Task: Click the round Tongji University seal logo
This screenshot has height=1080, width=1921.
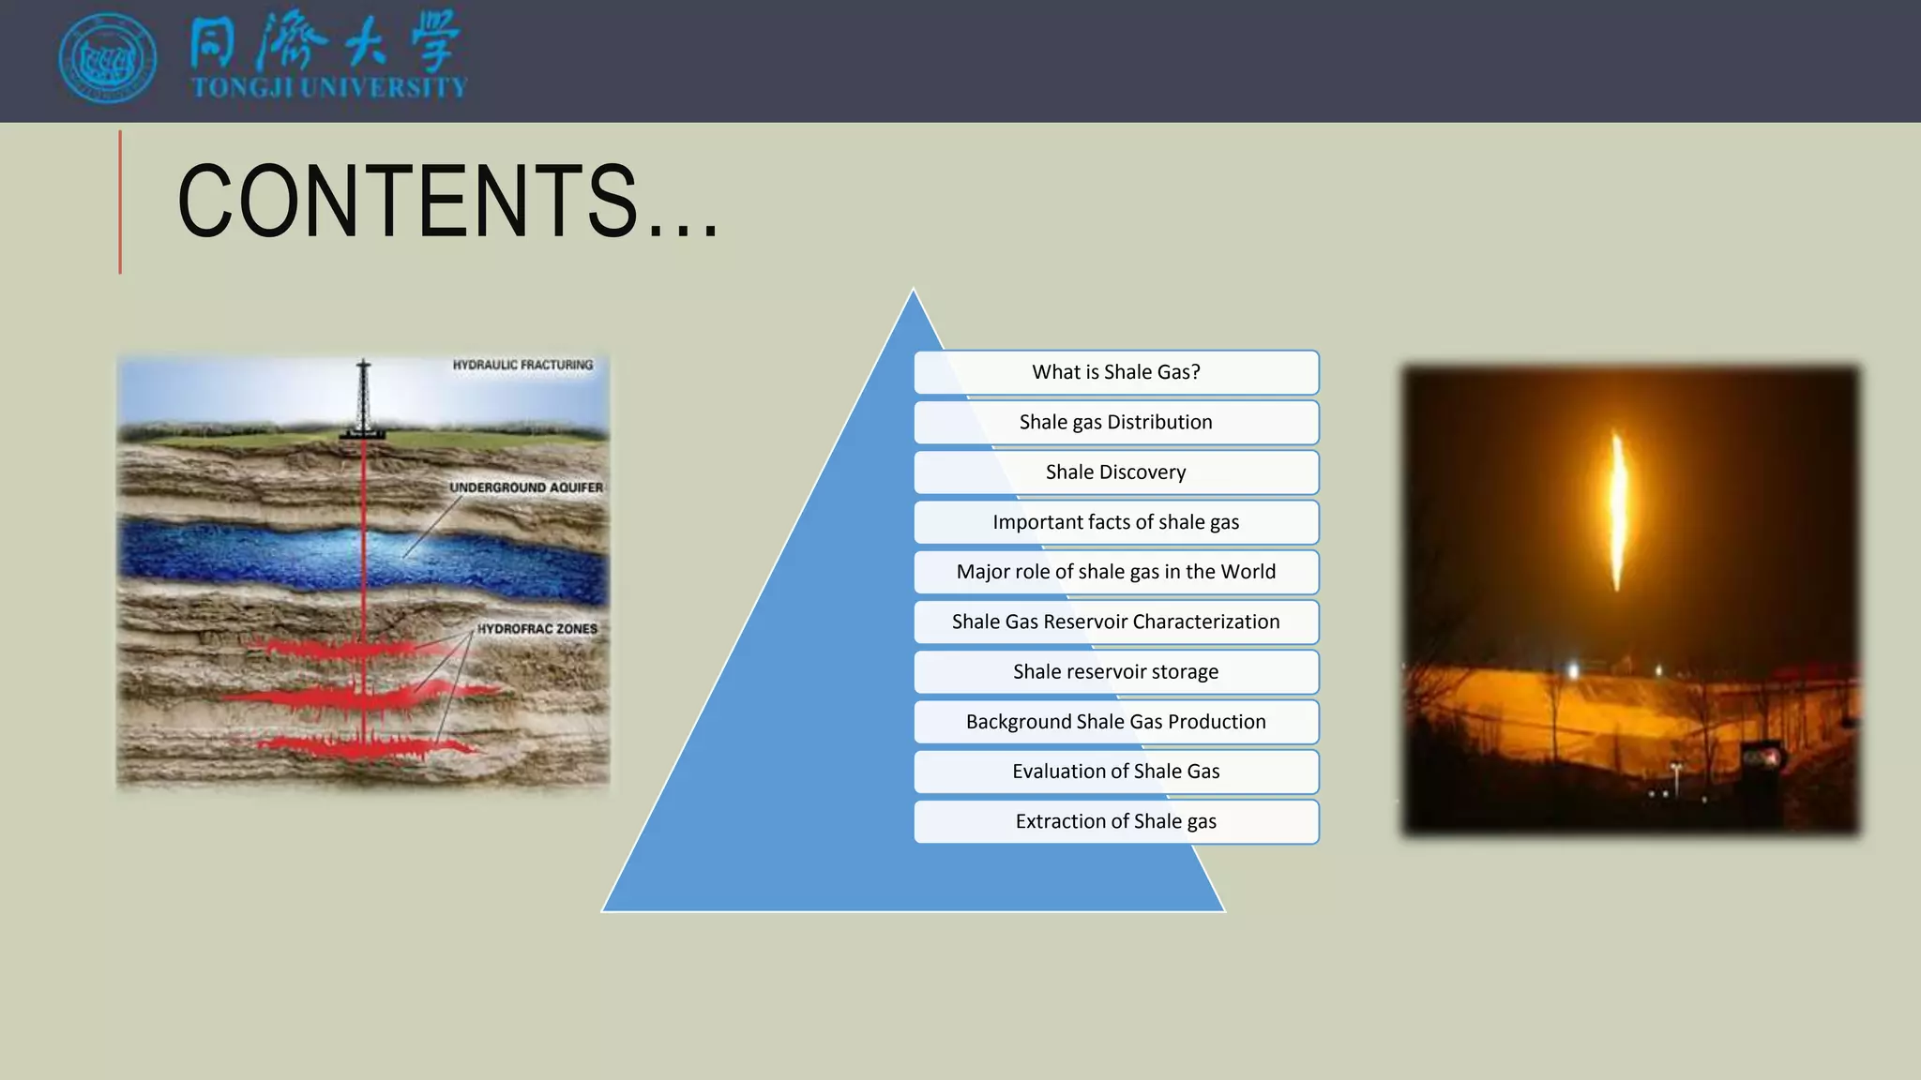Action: pyautogui.click(x=107, y=58)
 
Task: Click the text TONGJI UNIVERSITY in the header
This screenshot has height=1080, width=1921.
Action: pyautogui.click(x=329, y=88)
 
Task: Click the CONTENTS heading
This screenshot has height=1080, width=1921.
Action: pyautogui.click(x=447, y=201)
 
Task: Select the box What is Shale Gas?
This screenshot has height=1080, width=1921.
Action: pyautogui.click(x=1116, y=372)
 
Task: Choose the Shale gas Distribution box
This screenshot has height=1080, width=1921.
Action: pyautogui.click(x=1116, y=422)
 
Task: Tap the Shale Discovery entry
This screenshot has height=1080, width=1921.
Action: pyautogui.click(x=1116, y=472)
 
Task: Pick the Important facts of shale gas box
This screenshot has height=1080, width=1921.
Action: pyautogui.click(x=1116, y=522)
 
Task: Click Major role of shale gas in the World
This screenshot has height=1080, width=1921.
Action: pyautogui.click(x=1116, y=572)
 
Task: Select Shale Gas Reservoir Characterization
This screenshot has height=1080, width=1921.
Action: pyautogui.click(x=1116, y=622)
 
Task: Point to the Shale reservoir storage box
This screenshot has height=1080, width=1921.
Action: pyautogui.click(x=1116, y=671)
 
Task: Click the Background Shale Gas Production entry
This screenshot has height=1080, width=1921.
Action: pyautogui.click(x=1116, y=722)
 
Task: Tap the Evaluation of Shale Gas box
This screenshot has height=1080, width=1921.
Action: pyautogui.click(x=1116, y=772)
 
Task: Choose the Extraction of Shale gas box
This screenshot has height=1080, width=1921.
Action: pyautogui.click(x=1116, y=821)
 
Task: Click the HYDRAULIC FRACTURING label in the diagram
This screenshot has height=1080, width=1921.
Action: pyautogui.click(x=522, y=365)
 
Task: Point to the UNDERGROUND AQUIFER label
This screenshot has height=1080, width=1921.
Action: pyautogui.click(x=525, y=487)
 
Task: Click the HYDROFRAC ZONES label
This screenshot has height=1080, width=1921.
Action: pyautogui.click(x=537, y=629)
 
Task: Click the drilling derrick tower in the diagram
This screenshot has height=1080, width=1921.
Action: pyautogui.click(x=364, y=398)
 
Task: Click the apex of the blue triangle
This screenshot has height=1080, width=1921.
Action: pyautogui.click(x=913, y=292)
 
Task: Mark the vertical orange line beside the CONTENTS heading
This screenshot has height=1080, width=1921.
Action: pyautogui.click(x=120, y=202)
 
